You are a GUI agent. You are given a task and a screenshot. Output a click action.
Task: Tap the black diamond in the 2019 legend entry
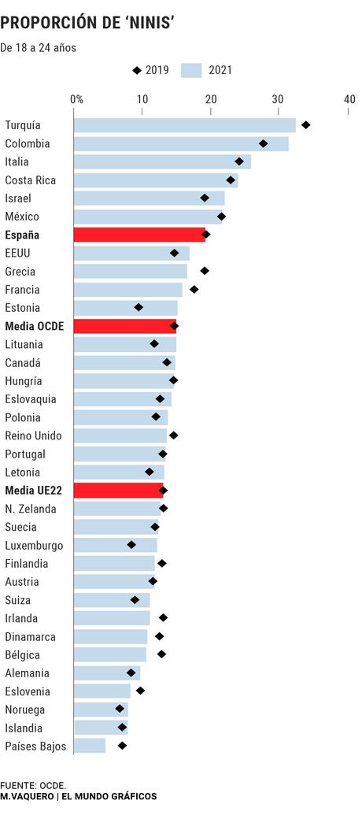point(137,71)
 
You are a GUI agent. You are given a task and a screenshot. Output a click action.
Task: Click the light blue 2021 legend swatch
point(192,71)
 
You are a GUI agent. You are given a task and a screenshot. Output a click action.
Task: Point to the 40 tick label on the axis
point(349,99)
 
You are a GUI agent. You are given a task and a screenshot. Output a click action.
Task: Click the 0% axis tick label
point(76,99)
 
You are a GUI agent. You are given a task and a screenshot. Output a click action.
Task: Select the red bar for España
point(139,235)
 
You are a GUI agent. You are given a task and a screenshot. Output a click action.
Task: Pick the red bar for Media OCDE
point(124,326)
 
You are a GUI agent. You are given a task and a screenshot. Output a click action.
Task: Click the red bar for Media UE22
point(118,491)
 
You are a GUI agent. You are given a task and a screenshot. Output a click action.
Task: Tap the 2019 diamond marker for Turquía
point(305,125)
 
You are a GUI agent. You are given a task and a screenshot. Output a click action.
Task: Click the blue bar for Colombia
point(181,143)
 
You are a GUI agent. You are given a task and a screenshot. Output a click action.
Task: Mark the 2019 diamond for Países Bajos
point(122,745)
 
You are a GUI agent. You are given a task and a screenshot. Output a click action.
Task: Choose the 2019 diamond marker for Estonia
point(139,307)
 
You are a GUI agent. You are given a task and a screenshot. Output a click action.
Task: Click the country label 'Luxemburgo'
point(34,545)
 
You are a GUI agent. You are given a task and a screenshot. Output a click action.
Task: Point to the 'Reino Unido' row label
point(33,435)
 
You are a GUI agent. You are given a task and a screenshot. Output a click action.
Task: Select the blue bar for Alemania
point(106,673)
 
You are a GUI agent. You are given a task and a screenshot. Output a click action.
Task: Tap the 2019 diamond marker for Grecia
point(205,271)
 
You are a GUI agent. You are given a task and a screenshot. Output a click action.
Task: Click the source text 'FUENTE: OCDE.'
point(33,785)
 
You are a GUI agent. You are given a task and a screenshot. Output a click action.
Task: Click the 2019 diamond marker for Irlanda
point(163,617)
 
